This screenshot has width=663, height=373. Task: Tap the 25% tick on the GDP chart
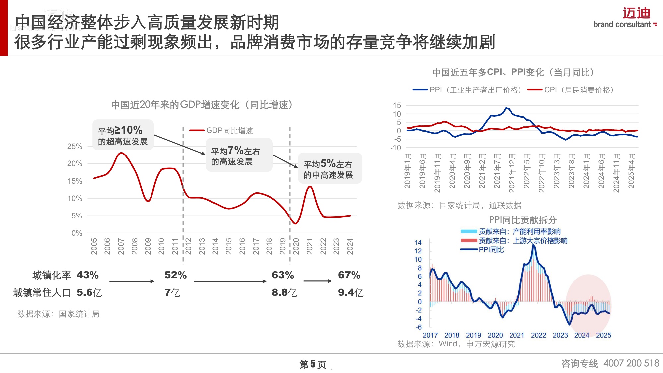point(75,146)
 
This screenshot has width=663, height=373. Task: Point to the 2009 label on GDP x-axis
point(148,246)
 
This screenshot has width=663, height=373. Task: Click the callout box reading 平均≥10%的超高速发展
point(123,135)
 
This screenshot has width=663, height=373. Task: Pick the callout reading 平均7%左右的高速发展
point(239,155)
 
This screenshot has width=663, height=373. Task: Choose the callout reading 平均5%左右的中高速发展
point(330,168)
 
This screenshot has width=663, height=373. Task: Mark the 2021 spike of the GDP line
point(310,187)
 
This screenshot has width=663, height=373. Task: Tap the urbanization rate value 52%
point(175,275)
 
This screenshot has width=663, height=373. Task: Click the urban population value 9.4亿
point(350,292)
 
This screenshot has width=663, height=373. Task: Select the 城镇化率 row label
point(52,275)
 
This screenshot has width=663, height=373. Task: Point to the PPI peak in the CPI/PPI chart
point(506,108)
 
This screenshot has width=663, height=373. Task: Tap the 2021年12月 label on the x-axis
point(512,173)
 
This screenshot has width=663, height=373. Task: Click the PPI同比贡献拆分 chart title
point(522,220)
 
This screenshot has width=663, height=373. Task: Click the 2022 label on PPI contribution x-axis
point(538,335)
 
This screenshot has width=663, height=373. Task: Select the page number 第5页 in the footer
point(312,364)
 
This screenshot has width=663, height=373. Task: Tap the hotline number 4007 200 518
point(631,363)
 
